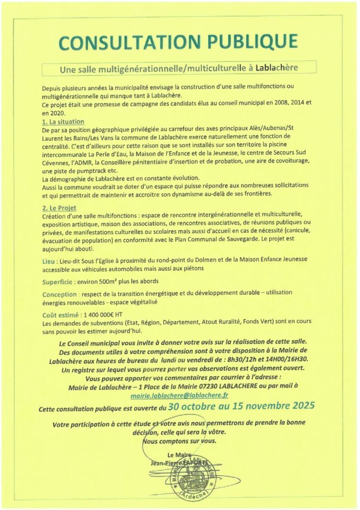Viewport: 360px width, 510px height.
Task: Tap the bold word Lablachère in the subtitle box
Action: tap(276, 68)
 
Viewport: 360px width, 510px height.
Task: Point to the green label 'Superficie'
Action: tap(57, 282)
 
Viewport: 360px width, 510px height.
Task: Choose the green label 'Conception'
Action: tap(59, 294)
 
